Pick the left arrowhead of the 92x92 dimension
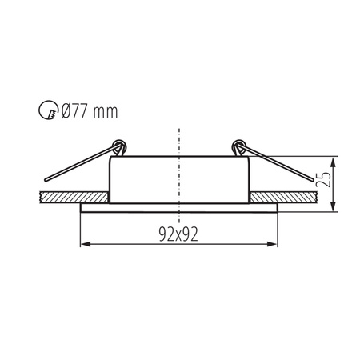[x=85, y=245]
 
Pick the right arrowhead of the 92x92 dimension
[x=273, y=245]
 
